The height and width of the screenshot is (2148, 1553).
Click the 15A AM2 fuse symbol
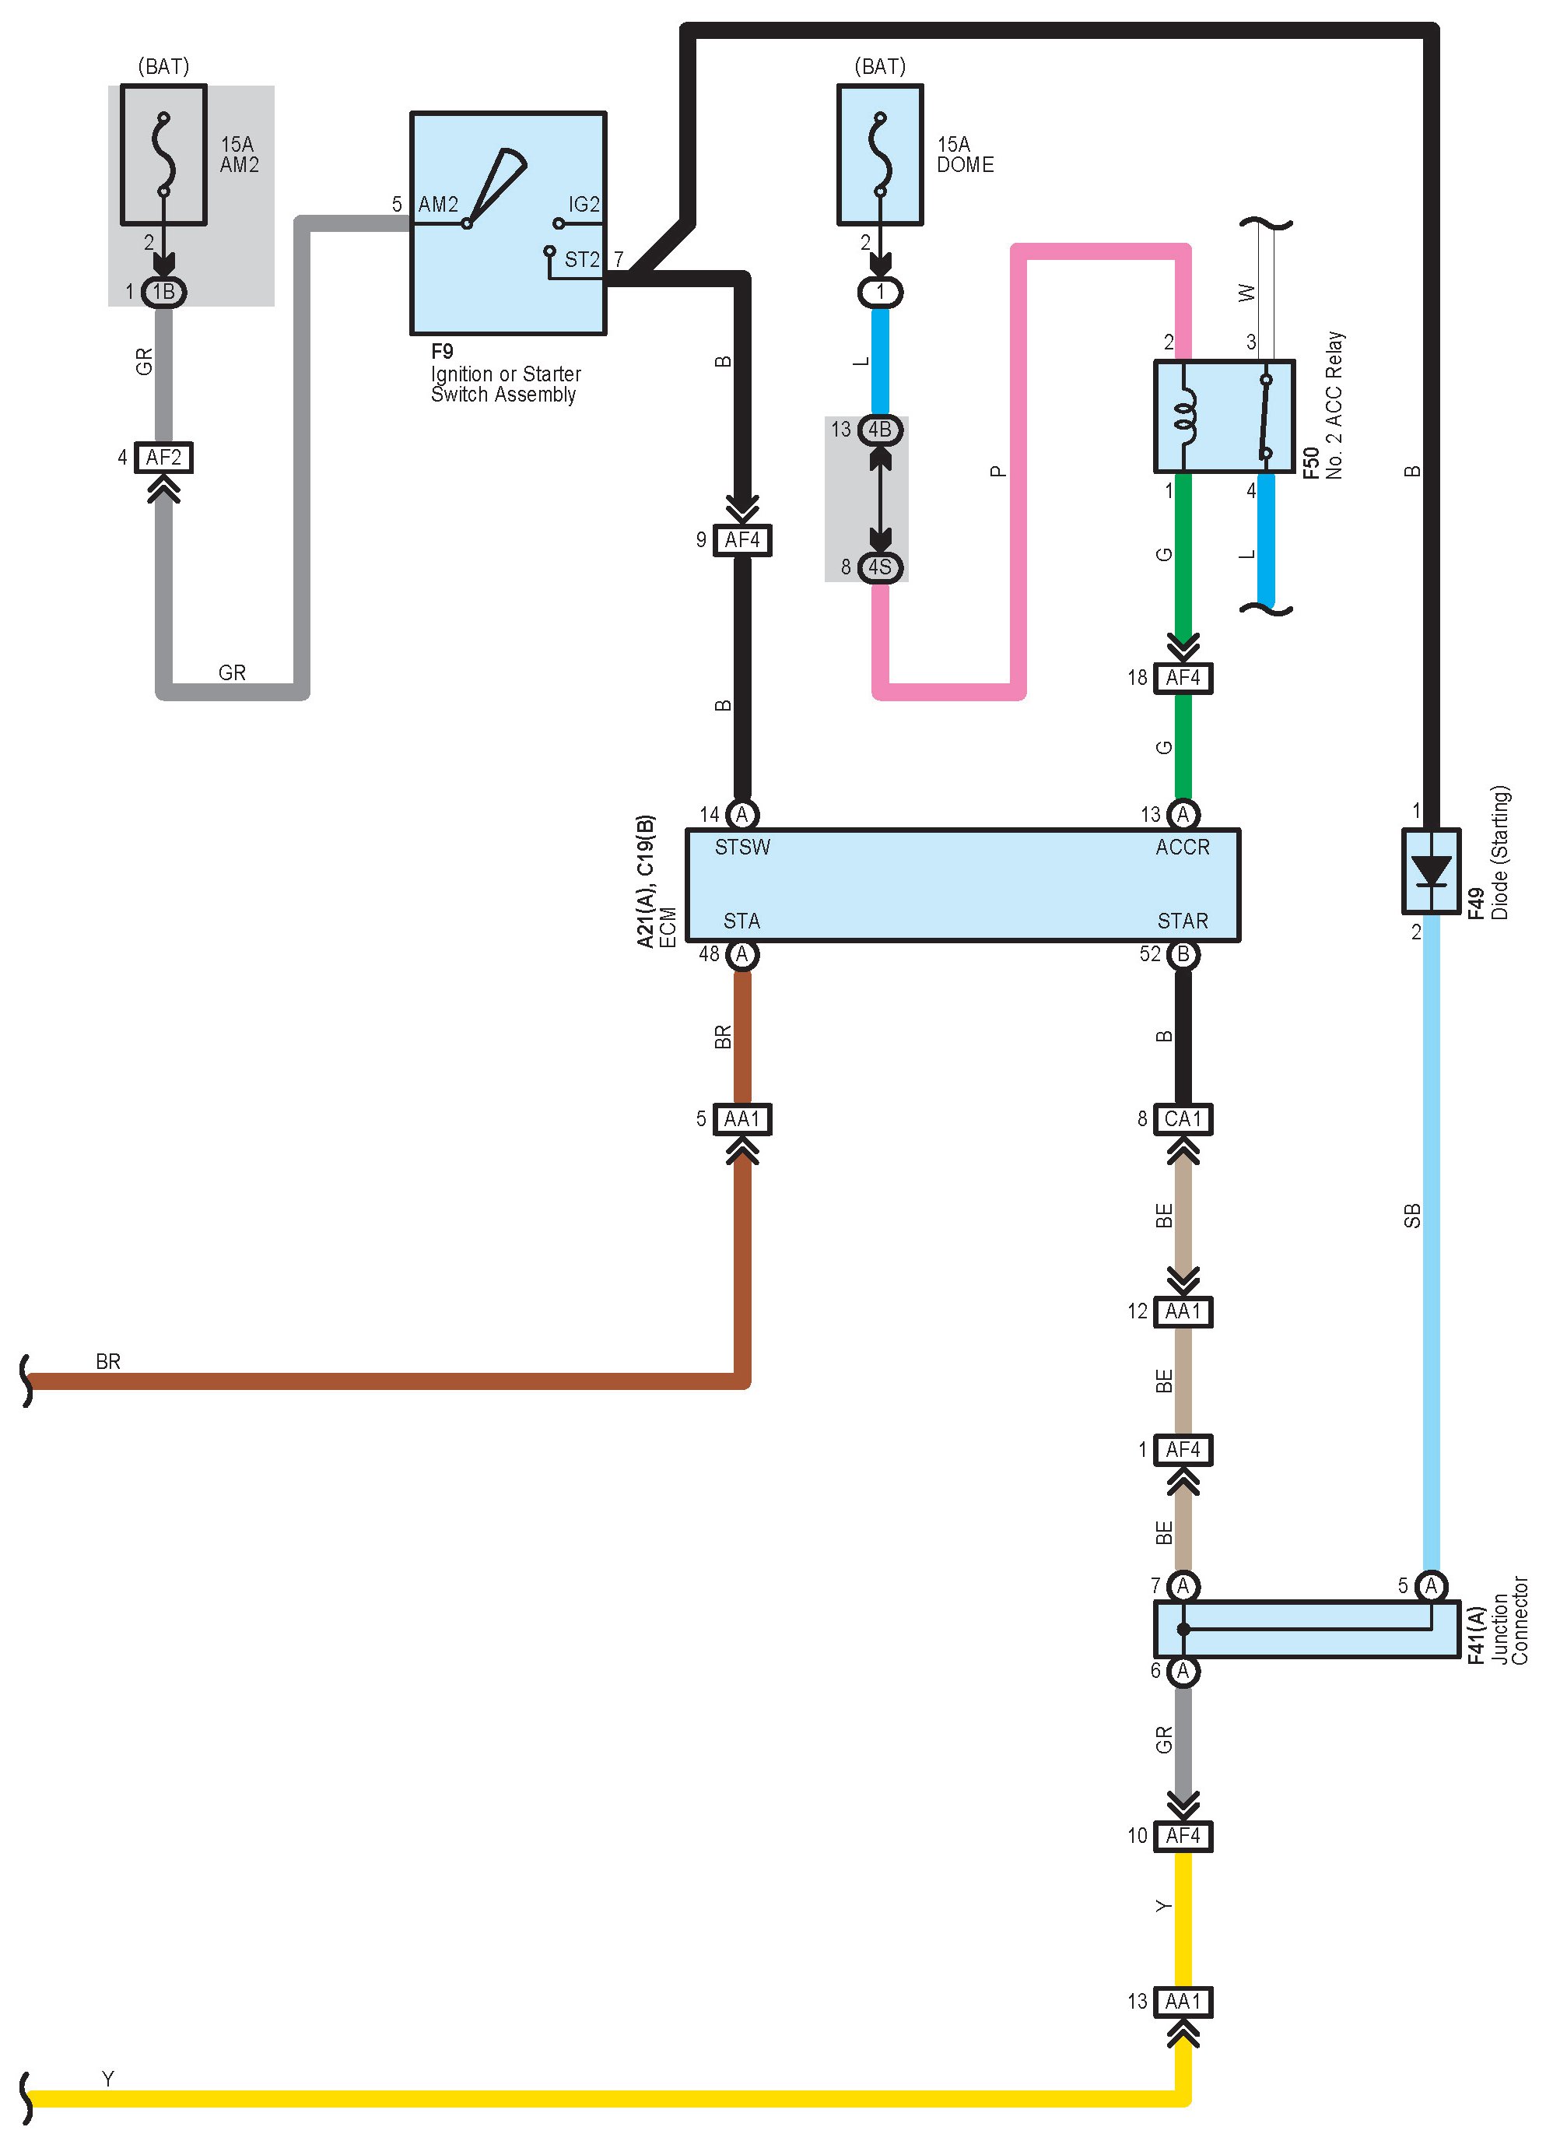click(x=164, y=154)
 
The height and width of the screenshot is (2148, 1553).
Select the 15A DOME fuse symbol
click(x=880, y=154)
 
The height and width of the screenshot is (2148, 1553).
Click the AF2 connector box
click(x=164, y=458)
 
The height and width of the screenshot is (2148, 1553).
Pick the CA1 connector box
click(x=1183, y=1118)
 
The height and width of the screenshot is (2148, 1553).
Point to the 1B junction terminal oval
click(x=164, y=292)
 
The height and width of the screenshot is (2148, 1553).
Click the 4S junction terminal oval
click(x=880, y=567)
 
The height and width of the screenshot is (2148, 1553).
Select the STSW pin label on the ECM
click(x=742, y=848)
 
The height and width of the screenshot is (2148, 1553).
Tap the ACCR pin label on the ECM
click(x=1182, y=848)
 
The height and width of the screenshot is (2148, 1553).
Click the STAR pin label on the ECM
click(x=1182, y=921)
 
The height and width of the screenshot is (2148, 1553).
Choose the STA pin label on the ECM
click(x=741, y=921)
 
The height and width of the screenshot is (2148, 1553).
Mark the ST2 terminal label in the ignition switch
click(x=581, y=259)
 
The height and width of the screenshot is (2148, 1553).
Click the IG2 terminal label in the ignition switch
click(x=584, y=205)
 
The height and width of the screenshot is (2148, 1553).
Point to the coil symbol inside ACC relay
click(x=1183, y=416)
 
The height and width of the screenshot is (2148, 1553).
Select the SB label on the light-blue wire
click(x=1412, y=1215)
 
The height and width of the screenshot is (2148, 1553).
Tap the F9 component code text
click(x=442, y=351)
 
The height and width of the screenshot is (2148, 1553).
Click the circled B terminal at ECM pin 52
click(x=1183, y=955)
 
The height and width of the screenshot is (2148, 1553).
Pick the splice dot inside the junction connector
click(x=1183, y=1629)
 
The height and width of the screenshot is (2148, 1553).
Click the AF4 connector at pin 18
click(x=1183, y=678)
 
